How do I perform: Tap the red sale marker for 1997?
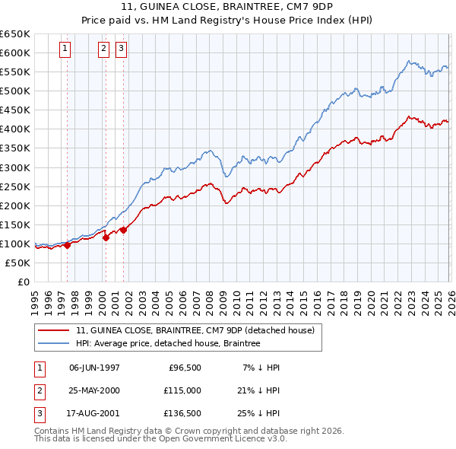click(x=67, y=245)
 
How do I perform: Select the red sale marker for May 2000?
click(x=106, y=237)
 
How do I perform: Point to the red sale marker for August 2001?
click(x=123, y=230)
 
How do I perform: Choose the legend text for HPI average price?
click(x=168, y=343)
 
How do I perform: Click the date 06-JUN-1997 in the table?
click(x=94, y=368)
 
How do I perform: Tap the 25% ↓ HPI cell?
click(x=258, y=413)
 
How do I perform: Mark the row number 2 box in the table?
click(x=37, y=390)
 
